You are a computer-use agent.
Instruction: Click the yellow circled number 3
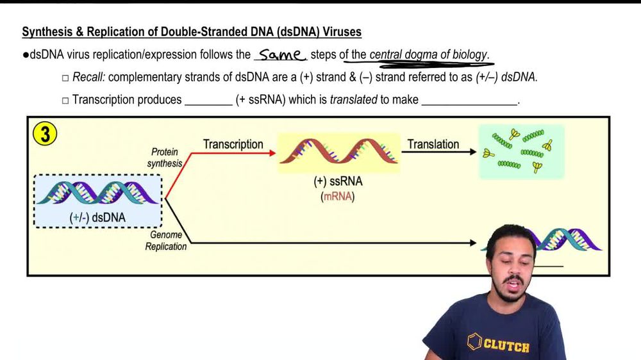pos(44,135)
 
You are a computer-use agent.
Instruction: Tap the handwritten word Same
pos(280,55)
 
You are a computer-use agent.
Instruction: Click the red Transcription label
pos(233,144)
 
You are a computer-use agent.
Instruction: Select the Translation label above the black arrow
pos(433,144)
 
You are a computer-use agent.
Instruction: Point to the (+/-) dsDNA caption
pos(97,217)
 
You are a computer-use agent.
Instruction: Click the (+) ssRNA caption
pos(338,182)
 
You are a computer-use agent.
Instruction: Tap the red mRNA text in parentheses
pos(338,197)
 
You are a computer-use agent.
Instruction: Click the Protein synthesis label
pos(165,158)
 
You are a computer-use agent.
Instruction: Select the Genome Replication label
pos(165,241)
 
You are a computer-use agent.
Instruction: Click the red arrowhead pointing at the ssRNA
pos(272,153)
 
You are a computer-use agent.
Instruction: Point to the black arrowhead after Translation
pos(472,152)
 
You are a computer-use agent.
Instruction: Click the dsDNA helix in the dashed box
pos(97,192)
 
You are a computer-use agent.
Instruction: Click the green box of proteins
pos(521,152)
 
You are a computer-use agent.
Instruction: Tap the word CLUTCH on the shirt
pos(506,346)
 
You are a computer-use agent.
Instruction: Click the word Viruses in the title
pos(342,31)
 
